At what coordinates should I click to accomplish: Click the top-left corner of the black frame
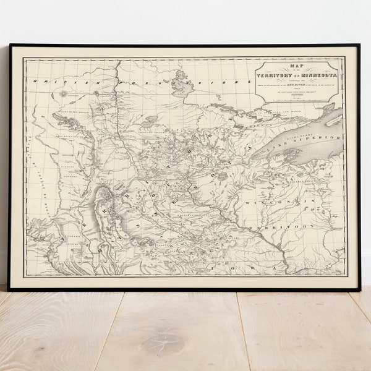pyautogui.click(x=9, y=45)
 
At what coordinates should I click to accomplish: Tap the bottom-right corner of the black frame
pyautogui.click(x=359, y=289)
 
